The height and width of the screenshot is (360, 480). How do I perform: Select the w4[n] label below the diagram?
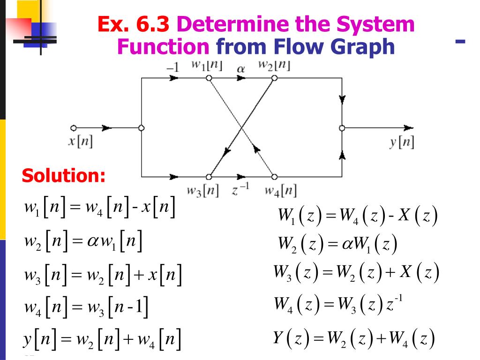281,191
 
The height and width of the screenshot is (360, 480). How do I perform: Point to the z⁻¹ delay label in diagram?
240,190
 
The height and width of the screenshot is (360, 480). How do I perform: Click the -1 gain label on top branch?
172,67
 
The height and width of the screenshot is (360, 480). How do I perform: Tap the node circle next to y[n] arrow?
342,127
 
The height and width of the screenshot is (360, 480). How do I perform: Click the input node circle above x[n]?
73,127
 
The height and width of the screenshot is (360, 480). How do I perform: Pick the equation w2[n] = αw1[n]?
82,242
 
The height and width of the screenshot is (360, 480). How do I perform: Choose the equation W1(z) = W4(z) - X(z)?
358,216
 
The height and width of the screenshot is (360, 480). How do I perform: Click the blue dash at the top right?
460,42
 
